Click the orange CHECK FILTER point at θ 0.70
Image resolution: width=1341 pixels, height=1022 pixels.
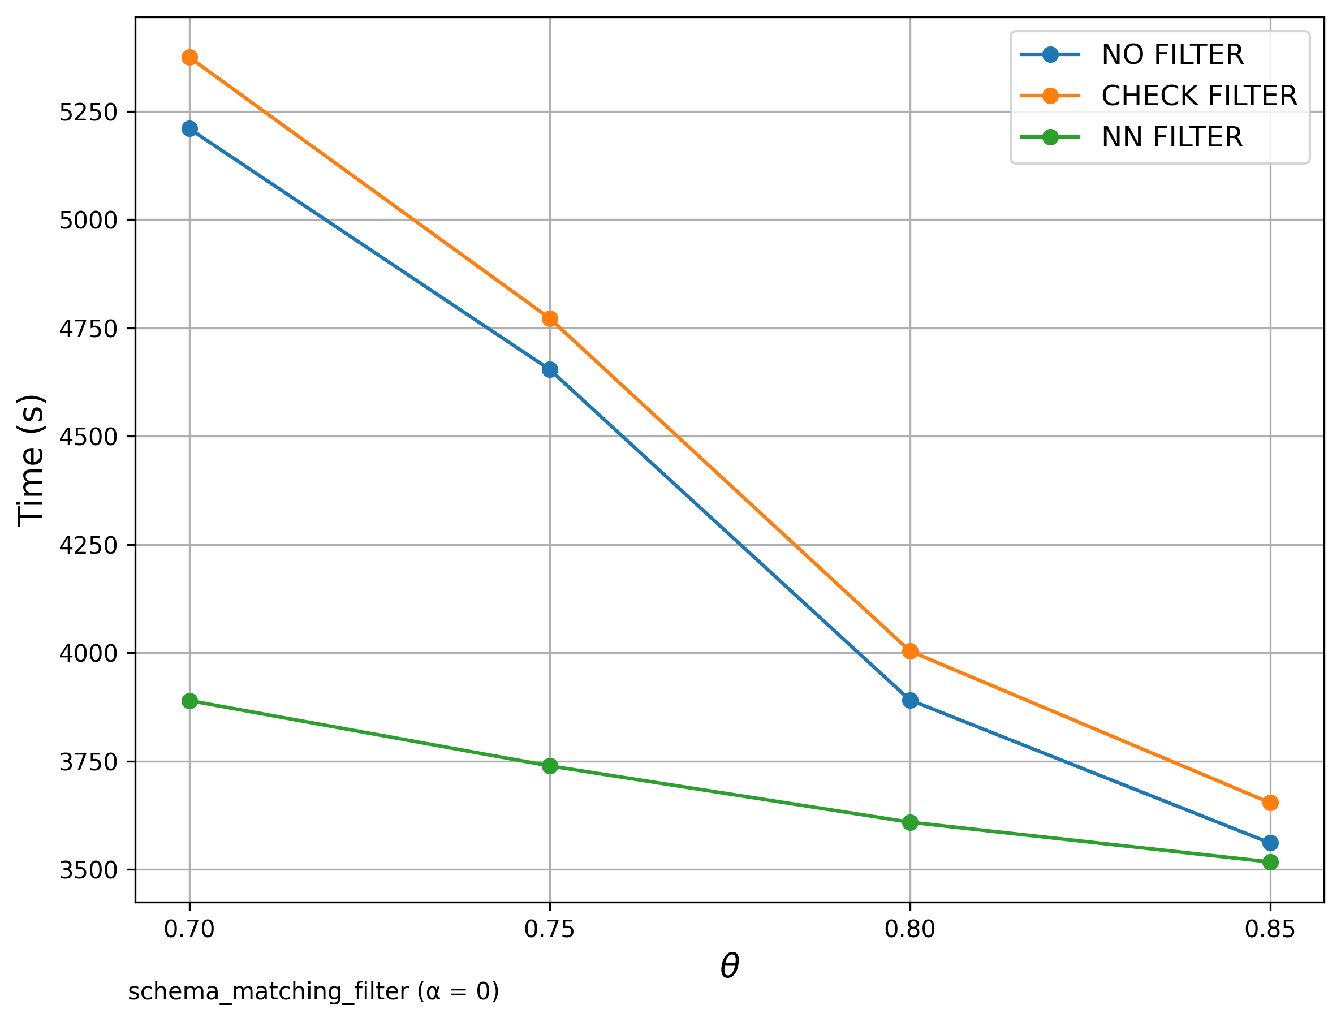(189, 58)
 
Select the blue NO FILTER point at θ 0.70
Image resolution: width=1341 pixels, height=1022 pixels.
(189, 129)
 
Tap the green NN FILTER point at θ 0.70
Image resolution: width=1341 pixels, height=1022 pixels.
(189, 701)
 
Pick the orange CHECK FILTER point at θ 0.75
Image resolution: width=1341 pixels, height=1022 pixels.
(550, 319)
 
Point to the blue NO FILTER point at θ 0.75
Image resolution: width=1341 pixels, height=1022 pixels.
(550, 370)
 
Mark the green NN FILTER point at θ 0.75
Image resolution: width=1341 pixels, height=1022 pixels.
(550, 766)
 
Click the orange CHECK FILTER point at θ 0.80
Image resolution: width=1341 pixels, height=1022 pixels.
(910, 652)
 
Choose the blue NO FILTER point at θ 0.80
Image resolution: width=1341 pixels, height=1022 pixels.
(910, 701)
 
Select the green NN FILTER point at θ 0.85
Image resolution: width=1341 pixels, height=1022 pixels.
(1270, 862)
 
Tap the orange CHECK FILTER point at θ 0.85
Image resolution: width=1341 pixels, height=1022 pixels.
(1270, 803)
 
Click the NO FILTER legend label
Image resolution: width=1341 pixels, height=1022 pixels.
(1172, 55)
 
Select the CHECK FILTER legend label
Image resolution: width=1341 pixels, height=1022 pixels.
(1199, 96)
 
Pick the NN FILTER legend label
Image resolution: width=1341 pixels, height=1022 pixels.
(1172, 137)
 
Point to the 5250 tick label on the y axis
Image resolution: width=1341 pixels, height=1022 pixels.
(88, 113)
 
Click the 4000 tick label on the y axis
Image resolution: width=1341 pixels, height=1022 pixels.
(88, 654)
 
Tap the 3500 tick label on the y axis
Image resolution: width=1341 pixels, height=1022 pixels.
(88, 870)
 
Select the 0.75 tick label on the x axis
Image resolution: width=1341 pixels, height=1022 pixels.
(550, 930)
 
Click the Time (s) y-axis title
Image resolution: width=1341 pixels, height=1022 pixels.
(31, 460)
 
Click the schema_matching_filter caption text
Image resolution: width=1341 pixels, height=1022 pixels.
(313, 992)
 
